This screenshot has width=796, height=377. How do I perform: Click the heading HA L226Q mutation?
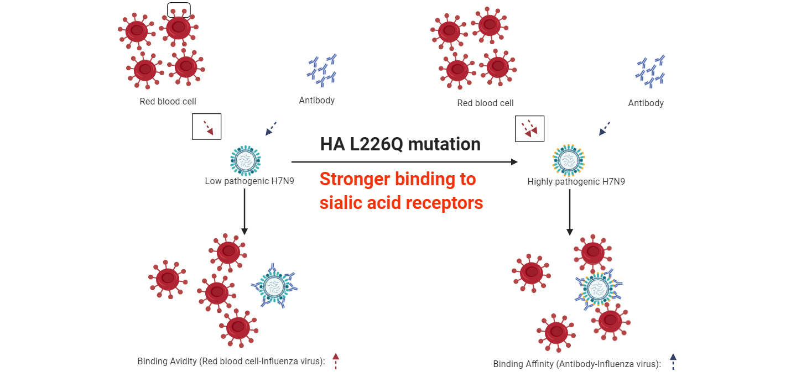point(400,144)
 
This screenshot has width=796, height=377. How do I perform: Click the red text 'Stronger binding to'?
point(397,179)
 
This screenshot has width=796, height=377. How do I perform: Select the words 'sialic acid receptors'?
point(401,203)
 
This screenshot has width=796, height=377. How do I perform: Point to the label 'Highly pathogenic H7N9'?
point(568,181)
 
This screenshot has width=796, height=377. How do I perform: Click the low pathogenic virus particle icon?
point(245,161)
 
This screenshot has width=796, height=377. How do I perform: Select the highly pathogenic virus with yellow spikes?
point(568,161)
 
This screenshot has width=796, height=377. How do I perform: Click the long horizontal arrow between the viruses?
point(404,162)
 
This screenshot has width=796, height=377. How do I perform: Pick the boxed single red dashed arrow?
point(206,127)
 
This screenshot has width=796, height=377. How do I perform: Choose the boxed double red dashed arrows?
point(529,129)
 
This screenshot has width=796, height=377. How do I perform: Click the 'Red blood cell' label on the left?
point(168,102)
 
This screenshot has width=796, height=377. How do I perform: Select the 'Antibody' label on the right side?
point(646,103)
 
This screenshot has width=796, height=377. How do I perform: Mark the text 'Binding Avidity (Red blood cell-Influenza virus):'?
point(231,362)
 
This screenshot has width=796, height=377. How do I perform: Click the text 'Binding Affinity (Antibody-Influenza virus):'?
point(577,364)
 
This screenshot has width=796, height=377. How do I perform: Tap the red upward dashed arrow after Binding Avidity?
point(335,361)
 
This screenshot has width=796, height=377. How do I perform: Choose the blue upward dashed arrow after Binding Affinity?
point(673,362)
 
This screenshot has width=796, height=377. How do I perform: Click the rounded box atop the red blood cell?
point(179,9)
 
